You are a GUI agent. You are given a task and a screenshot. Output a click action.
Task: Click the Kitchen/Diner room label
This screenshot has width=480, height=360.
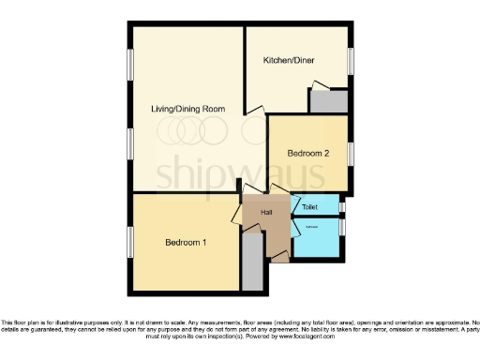click(x=289, y=59)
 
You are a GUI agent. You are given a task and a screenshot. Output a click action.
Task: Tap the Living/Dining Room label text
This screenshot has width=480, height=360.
click(x=189, y=109)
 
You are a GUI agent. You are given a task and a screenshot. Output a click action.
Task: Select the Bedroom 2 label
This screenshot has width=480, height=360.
click(x=307, y=153)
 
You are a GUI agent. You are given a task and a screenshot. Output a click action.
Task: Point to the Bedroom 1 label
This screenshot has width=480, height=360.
click(x=186, y=243)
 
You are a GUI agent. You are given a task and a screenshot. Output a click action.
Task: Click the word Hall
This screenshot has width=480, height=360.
click(x=266, y=213)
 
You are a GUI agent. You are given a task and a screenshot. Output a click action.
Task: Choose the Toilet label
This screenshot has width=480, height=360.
click(x=309, y=205)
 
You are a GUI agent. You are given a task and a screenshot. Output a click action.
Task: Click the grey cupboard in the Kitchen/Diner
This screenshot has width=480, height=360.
click(x=328, y=101)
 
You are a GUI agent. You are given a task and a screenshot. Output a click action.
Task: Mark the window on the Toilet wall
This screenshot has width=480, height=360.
click(x=341, y=205)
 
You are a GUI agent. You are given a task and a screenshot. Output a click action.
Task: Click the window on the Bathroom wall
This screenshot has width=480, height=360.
click(x=341, y=228)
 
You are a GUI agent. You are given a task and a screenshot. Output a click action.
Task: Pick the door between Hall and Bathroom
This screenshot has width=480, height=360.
click(x=294, y=226)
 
